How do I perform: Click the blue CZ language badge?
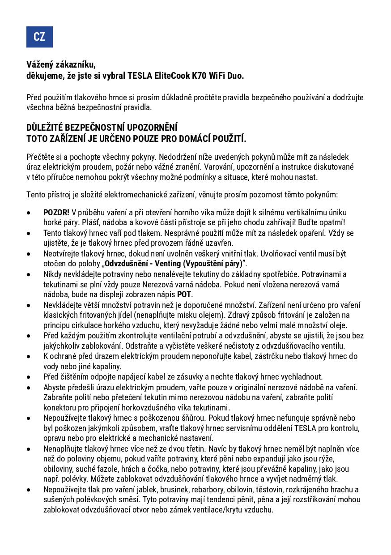(x=39, y=37)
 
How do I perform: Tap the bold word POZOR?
(x=56, y=212)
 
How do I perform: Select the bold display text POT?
(x=184, y=295)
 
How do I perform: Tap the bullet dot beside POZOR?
(x=29, y=213)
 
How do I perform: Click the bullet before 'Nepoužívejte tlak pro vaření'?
(x=29, y=490)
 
